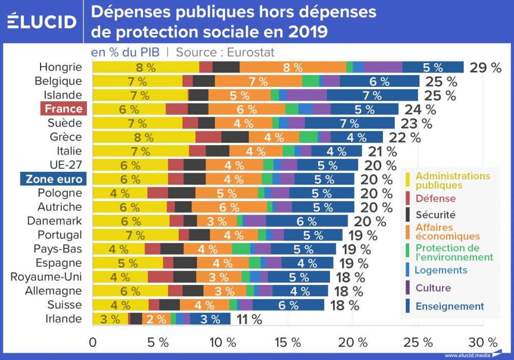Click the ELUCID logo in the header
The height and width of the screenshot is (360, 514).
click(42, 22)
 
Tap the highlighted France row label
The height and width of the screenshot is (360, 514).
click(64, 109)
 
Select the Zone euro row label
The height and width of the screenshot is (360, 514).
click(53, 178)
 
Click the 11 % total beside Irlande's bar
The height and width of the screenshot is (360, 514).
click(249, 319)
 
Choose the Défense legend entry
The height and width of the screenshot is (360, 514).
click(435, 199)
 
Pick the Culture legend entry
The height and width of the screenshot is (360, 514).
click(433, 288)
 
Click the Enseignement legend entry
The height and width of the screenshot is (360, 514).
click(449, 307)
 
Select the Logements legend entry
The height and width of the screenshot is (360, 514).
click(441, 270)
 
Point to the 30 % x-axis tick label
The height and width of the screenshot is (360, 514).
click(483, 343)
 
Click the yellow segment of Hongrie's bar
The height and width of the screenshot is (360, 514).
click(146, 67)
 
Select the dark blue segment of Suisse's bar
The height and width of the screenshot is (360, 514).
click(288, 305)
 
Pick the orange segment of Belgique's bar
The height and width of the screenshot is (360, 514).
click(259, 81)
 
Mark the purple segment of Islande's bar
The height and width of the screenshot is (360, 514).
click(307, 95)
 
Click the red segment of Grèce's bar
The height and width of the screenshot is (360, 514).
click(208, 137)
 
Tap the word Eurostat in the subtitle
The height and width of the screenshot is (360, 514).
click(250, 52)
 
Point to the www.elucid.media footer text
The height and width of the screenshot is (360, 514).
click(466, 355)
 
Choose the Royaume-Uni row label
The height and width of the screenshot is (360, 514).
click(46, 277)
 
